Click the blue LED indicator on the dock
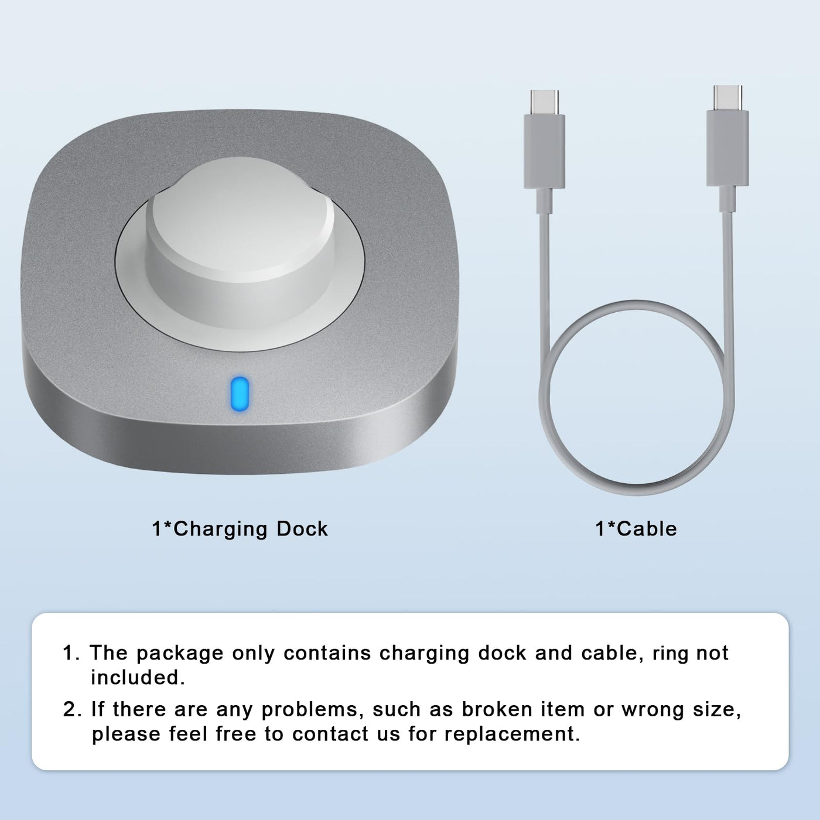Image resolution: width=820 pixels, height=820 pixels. click(240, 394)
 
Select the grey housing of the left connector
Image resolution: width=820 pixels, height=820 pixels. click(544, 151)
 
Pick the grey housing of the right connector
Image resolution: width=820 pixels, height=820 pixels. click(727, 148)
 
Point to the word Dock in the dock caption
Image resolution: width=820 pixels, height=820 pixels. click(302, 529)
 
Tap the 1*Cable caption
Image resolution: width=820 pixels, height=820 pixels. click(635, 529)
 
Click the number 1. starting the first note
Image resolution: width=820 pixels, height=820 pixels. click(71, 652)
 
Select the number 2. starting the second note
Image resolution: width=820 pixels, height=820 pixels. click(73, 709)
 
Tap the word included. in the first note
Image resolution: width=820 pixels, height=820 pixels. click(138, 678)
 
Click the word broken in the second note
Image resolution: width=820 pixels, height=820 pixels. click(497, 709)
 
